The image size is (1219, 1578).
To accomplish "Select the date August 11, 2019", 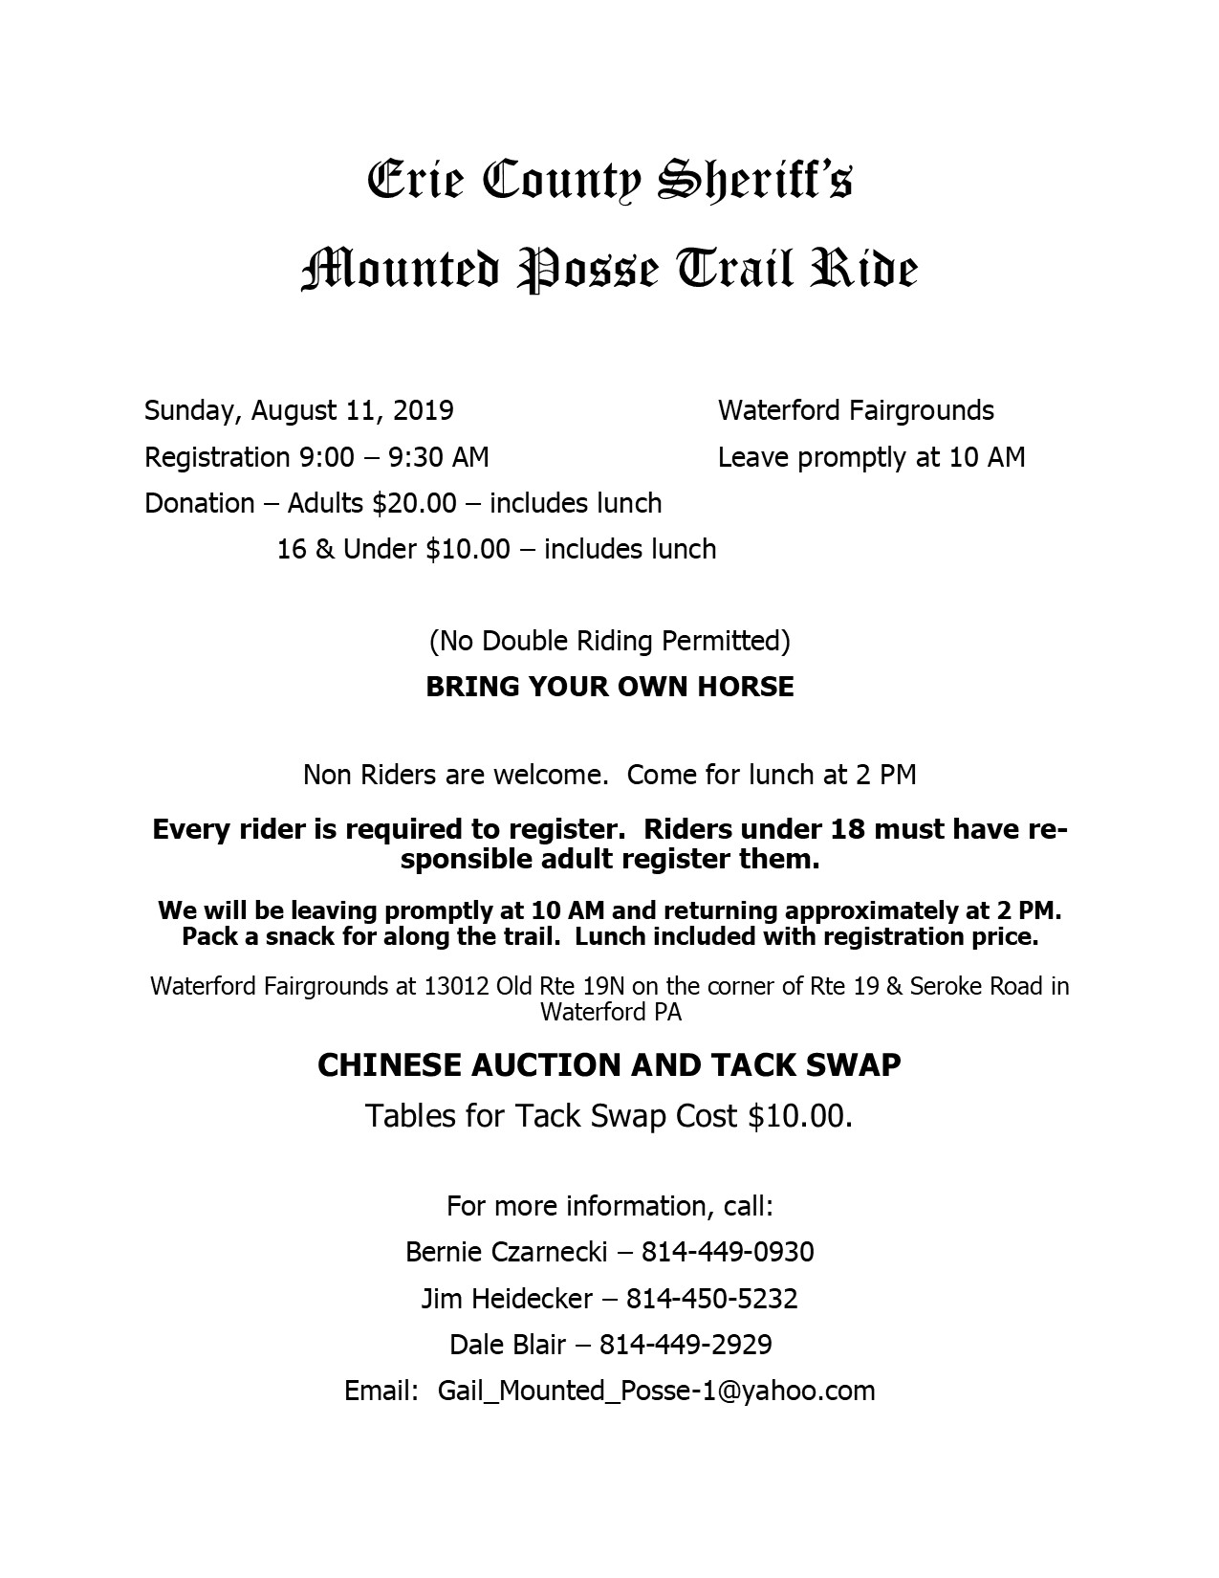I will point(353,411).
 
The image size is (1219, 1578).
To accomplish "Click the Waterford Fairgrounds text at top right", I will point(856,411).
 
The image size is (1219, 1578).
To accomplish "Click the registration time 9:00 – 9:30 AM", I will point(394,457).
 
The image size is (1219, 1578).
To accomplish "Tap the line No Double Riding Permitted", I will point(610,640).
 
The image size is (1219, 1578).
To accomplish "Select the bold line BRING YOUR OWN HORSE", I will point(610,687).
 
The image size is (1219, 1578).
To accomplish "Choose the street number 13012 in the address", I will point(456,986).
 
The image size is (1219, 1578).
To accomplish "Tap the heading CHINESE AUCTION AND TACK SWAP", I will point(609,1065).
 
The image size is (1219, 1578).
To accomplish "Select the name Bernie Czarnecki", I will point(507,1251).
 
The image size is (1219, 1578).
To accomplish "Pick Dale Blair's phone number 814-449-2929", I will point(686,1345).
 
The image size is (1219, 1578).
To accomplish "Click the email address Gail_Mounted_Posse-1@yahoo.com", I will point(657,1391).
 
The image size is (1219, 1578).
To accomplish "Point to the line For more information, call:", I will point(610,1205).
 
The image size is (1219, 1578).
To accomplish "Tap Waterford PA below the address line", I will point(611,1012).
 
